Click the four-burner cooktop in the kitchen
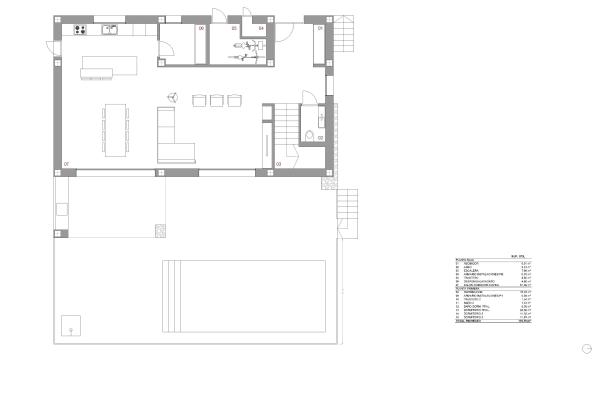[x=80, y=30]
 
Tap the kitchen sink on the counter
[x=113, y=30]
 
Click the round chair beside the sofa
[x=172, y=98]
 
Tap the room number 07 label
[x=66, y=163]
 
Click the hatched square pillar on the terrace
[x=158, y=231]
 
